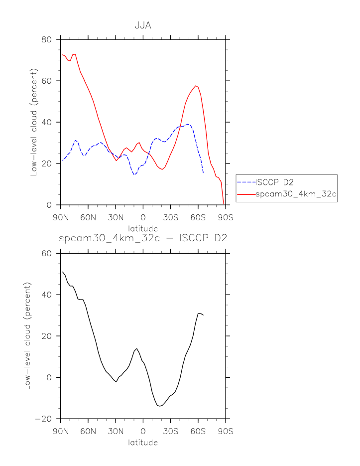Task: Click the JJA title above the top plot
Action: tap(143, 25)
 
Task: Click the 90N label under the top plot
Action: tap(60, 217)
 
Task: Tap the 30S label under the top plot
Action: tap(170, 217)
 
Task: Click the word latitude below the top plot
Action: tap(143, 228)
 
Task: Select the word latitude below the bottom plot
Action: tap(143, 443)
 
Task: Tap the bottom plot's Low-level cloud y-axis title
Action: tap(27, 336)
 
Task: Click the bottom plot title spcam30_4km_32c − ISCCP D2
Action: tap(143, 239)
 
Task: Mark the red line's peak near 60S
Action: tap(196, 86)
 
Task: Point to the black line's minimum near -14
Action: tap(159, 406)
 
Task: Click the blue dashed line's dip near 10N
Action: tap(134, 174)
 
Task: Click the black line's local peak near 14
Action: tap(137, 349)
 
